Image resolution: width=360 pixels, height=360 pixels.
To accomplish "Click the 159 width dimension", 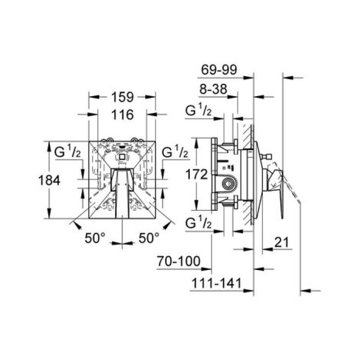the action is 122,97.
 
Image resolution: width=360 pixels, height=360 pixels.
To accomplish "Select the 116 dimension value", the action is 122,115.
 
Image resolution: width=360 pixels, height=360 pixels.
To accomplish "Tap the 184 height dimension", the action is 49,180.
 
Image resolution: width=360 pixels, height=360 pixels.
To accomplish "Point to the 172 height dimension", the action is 196,174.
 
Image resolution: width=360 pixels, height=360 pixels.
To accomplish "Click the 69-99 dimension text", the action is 219,70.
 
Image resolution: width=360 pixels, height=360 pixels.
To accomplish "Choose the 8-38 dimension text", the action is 213,89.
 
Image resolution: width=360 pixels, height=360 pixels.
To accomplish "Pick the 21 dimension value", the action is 281,242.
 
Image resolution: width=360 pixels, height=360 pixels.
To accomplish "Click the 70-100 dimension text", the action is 178,261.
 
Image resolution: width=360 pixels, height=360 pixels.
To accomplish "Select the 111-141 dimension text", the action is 217,283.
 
